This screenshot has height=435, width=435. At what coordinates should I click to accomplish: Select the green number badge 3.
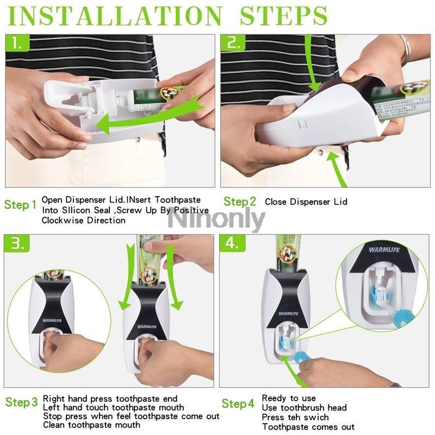[18, 244]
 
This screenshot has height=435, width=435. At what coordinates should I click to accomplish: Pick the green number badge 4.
[233, 244]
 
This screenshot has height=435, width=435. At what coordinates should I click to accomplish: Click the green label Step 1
[21, 205]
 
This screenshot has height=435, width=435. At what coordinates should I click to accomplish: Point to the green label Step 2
[239, 202]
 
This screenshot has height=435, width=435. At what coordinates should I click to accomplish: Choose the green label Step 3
[22, 402]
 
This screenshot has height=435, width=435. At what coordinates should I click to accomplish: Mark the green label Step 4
[238, 403]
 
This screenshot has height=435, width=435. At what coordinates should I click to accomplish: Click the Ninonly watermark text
[216, 220]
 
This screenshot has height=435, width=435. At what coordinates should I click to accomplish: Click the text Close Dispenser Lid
[306, 202]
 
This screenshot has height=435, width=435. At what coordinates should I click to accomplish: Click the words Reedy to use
[288, 399]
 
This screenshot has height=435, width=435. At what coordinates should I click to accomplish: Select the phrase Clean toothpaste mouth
[91, 425]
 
